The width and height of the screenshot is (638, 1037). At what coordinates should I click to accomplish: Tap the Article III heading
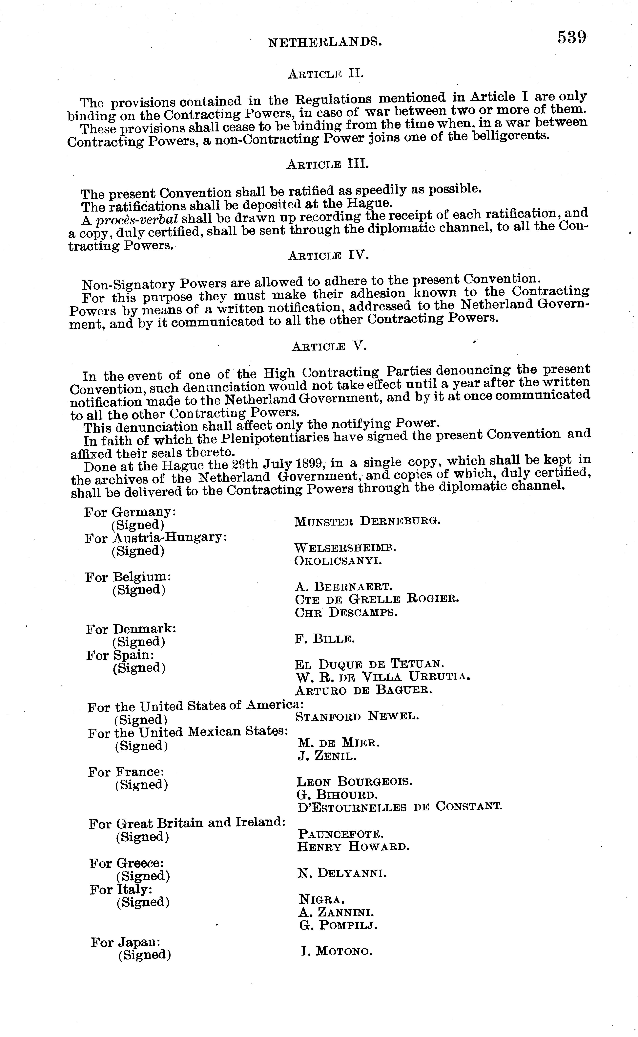[x=327, y=164]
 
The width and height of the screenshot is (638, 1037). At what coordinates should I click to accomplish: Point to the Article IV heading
[x=328, y=256]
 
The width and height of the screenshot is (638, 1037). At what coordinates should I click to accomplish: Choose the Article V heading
[x=329, y=347]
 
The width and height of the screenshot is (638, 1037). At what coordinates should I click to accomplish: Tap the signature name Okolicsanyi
[x=338, y=561]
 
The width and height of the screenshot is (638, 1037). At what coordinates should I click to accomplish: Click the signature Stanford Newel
[x=357, y=716]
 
